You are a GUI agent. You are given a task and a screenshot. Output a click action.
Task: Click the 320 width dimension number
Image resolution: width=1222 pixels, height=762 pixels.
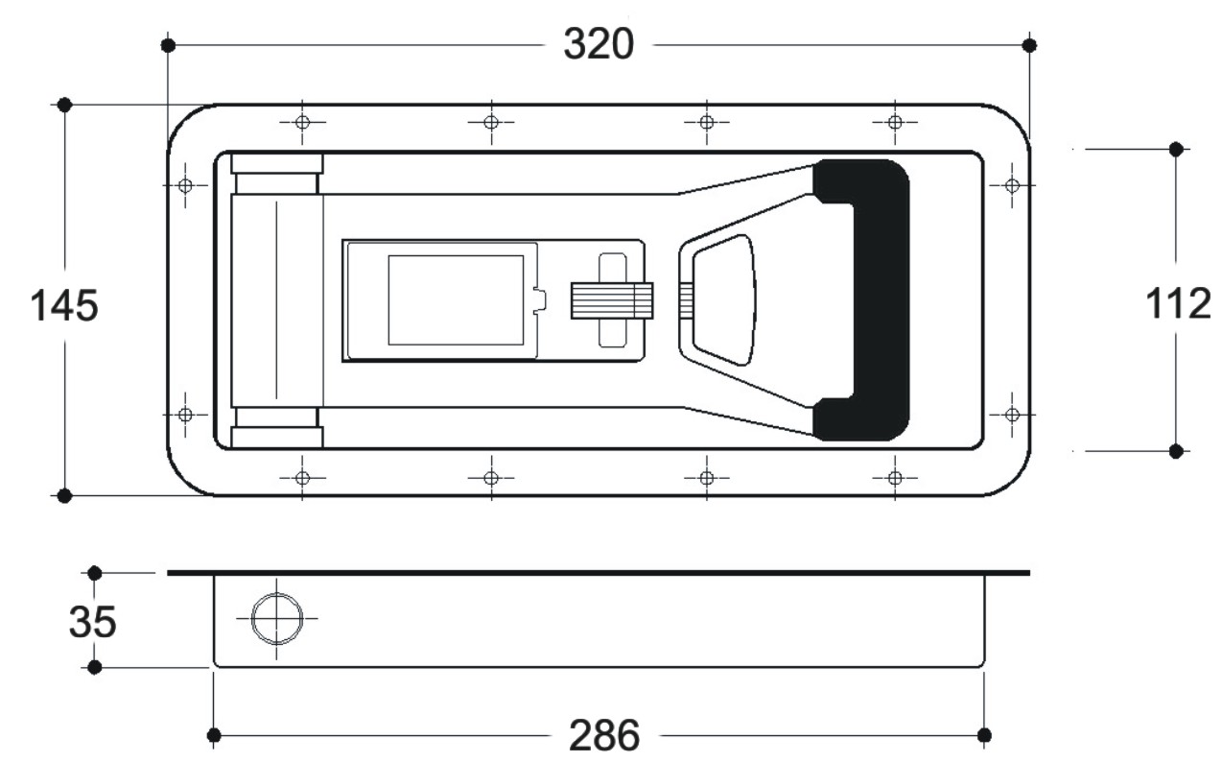(x=598, y=44)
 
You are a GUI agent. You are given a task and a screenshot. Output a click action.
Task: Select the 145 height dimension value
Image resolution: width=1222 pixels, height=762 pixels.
(x=64, y=307)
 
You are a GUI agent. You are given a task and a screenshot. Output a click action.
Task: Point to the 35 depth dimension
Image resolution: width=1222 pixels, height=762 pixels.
(x=93, y=622)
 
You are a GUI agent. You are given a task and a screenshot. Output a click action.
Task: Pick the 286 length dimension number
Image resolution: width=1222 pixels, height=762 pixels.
(x=604, y=736)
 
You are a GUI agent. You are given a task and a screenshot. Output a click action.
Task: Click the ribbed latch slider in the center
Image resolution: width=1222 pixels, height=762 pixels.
(x=611, y=299)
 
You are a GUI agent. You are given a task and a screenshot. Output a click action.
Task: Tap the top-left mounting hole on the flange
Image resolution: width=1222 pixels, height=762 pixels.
(x=302, y=122)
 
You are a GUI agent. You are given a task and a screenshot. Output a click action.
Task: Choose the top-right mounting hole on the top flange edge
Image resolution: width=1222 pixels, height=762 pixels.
(x=895, y=122)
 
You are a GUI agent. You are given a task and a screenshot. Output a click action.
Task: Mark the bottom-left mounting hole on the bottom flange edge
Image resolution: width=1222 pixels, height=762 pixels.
(x=302, y=477)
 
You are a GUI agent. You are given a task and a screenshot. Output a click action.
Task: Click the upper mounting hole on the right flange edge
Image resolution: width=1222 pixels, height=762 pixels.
(x=1011, y=185)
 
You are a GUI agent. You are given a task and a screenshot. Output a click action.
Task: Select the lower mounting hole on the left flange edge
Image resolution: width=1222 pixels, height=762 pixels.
(x=186, y=415)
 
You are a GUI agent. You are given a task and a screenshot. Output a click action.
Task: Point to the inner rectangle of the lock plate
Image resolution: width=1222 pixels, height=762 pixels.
(x=456, y=299)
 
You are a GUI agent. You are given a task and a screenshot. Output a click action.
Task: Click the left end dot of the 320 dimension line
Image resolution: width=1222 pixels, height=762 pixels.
(x=168, y=45)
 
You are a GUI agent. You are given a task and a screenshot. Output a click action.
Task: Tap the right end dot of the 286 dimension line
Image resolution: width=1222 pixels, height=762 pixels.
(x=983, y=735)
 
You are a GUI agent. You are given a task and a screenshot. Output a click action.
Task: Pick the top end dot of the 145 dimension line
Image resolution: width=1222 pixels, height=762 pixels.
(x=64, y=104)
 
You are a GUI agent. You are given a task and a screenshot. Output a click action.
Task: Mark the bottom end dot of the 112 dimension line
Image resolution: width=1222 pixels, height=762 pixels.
(x=1177, y=450)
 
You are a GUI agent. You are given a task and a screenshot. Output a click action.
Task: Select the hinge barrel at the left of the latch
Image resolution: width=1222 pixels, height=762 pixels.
(x=276, y=299)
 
